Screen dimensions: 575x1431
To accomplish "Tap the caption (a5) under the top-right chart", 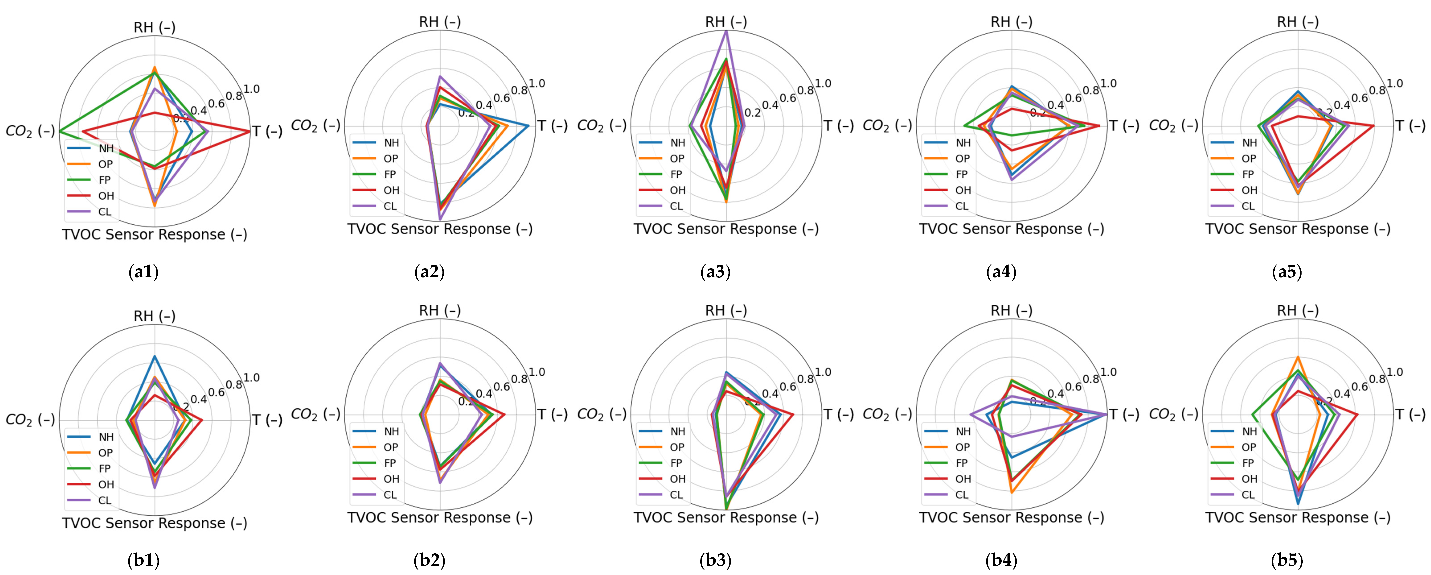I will pyautogui.click(x=1287, y=273).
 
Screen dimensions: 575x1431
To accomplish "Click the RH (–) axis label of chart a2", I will pyautogui.click(x=439, y=22).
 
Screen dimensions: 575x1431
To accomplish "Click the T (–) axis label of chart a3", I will pyautogui.click(x=838, y=126).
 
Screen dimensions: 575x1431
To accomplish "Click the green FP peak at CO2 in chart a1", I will pyautogui.click(x=60, y=131).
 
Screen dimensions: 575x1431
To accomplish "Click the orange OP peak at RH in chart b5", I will pyautogui.click(x=1298, y=357).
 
